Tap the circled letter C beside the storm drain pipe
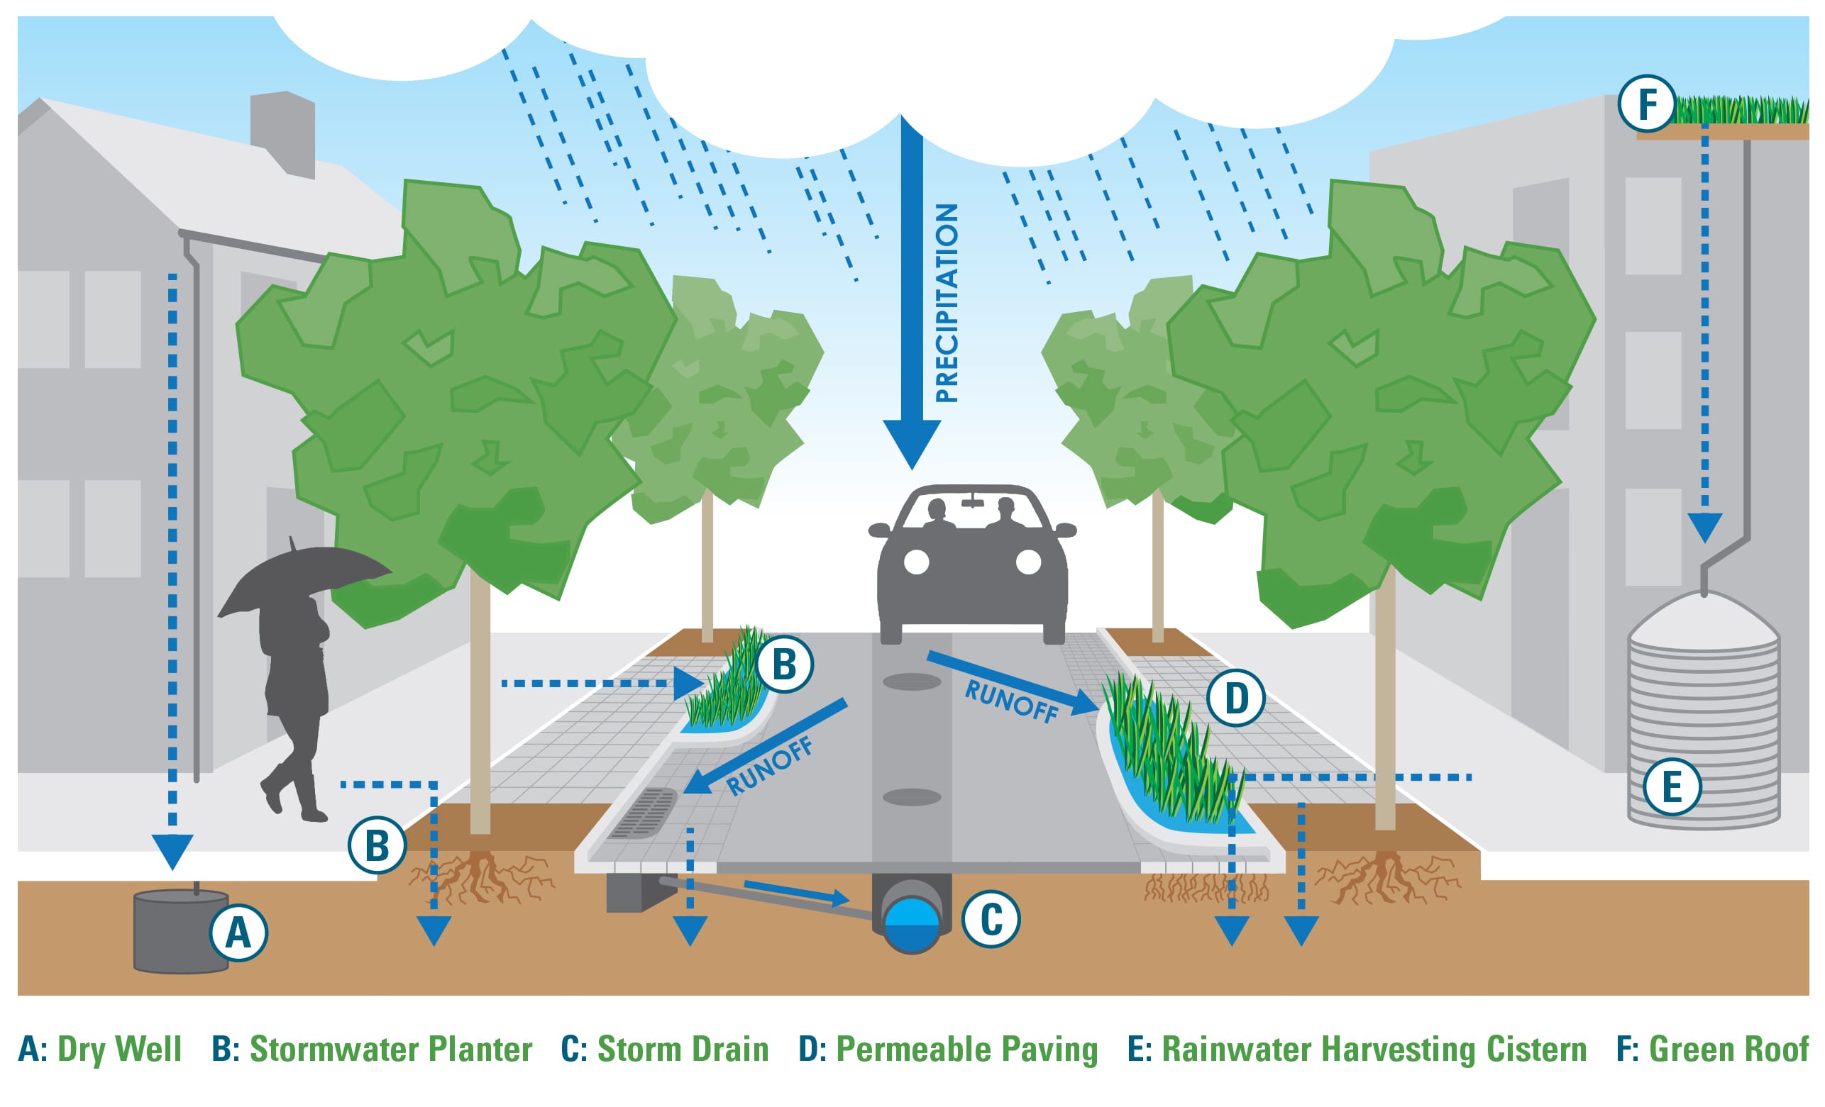[991, 919]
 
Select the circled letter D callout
[1235, 698]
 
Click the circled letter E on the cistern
[1672, 786]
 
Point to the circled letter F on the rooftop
[1646, 104]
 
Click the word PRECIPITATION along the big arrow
[947, 304]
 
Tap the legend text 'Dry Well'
[118, 1049]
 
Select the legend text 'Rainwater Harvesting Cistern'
[1374, 1049]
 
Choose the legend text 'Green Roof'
[1728, 1049]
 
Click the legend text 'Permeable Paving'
[966, 1049]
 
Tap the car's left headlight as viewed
[916, 562]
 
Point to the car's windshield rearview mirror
[972, 504]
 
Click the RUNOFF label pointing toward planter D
[1011, 701]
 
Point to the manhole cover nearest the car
[912, 682]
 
